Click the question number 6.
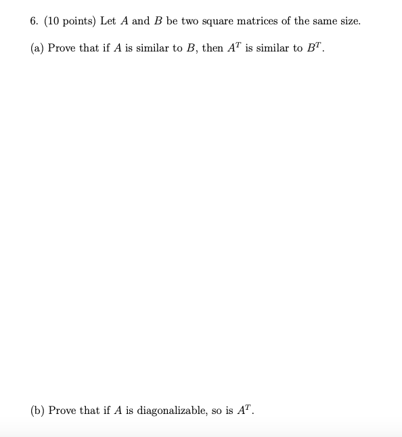pyautogui.click(x=34, y=21)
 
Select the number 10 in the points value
pyautogui.click(x=55, y=21)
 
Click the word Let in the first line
pyautogui.click(x=109, y=21)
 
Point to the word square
pyautogui.click(x=219, y=22)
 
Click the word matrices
pyautogui.click(x=259, y=21)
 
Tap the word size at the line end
pyautogui.click(x=349, y=21)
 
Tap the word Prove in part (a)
pyautogui.click(x=62, y=49)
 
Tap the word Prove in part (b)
pyautogui.click(x=63, y=411)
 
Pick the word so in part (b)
pyautogui.click(x=217, y=411)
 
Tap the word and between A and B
pyautogui.click(x=141, y=21)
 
